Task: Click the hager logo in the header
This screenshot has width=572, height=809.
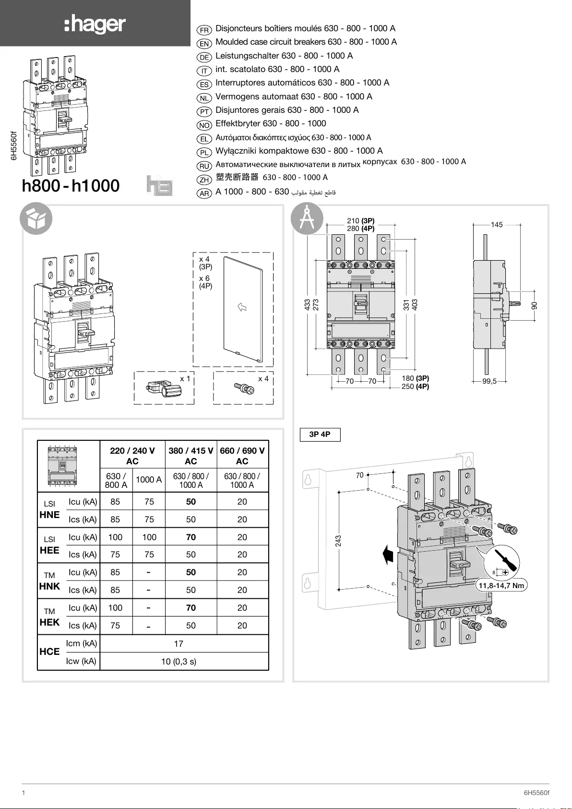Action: pyautogui.click(x=95, y=24)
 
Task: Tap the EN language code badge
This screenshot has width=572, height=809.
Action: pyautogui.click(x=204, y=44)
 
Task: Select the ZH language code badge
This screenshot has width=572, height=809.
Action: pyautogui.click(x=204, y=180)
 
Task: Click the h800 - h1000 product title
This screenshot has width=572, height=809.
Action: pyautogui.click(x=71, y=186)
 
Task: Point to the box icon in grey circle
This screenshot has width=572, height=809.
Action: pyautogui.click(x=36, y=219)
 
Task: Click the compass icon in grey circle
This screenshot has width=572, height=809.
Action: pyautogui.click(x=307, y=219)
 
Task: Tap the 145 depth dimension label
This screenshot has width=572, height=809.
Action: pyautogui.click(x=497, y=225)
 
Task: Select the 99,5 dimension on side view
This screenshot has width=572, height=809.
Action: pyautogui.click(x=489, y=381)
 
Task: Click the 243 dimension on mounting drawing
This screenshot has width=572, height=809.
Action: pyautogui.click(x=338, y=541)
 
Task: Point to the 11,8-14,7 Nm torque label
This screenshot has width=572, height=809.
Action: pyautogui.click(x=501, y=586)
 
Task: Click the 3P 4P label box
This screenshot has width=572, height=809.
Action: pyautogui.click(x=320, y=435)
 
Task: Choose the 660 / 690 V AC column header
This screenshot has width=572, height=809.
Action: pyautogui.click(x=242, y=456)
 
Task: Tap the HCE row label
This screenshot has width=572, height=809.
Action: pyautogui.click(x=49, y=652)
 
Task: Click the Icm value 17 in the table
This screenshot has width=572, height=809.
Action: pyautogui.click(x=179, y=644)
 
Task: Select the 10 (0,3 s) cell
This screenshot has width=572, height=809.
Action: pyautogui.click(x=179, y=662)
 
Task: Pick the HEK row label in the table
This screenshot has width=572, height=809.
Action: pyautogui.click(x=49, y=622)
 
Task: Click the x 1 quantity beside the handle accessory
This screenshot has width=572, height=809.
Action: pyautogui.click(x=185, y=379)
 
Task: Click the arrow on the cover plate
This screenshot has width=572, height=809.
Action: pyautogui.click(x=242, y=307)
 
